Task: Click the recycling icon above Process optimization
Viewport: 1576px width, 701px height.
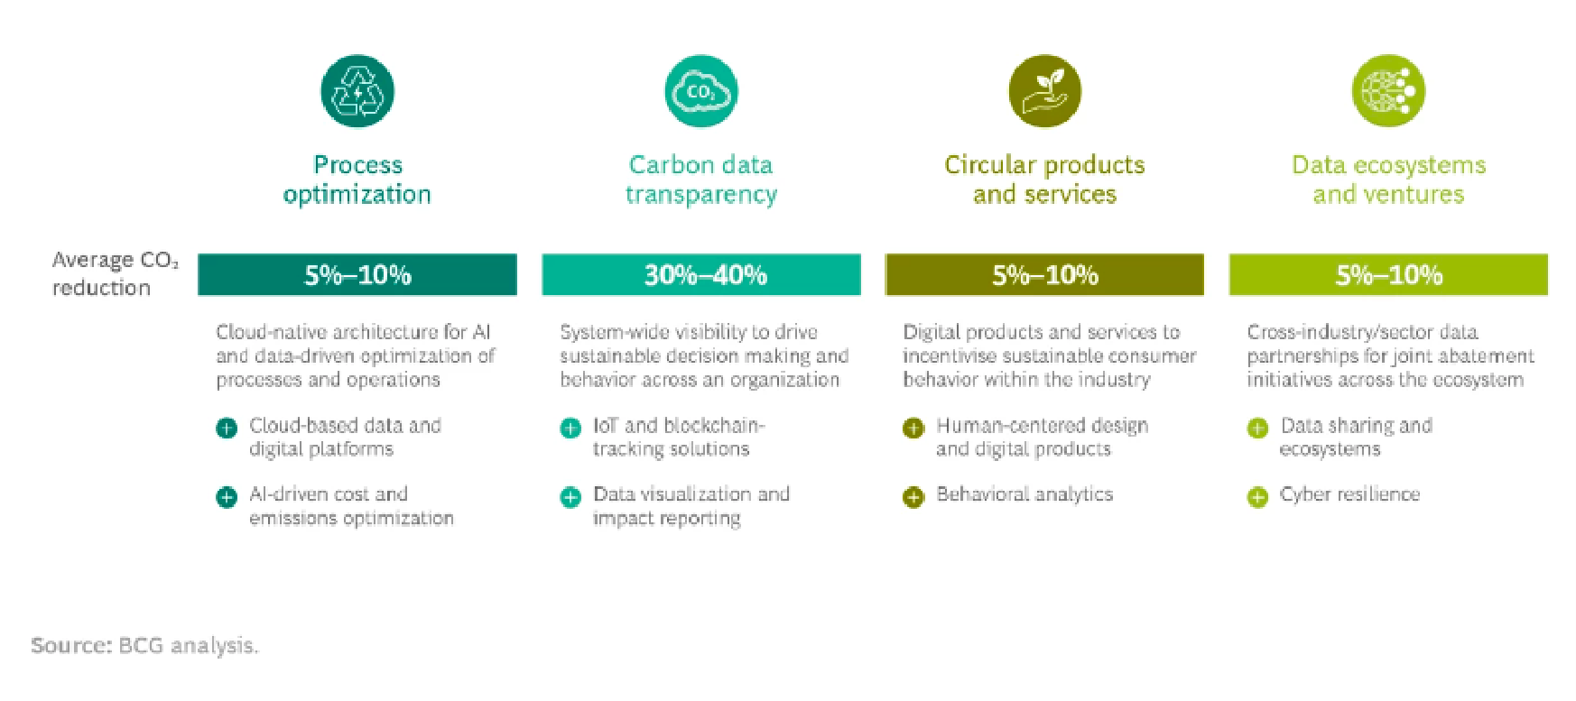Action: (x=357, y=91)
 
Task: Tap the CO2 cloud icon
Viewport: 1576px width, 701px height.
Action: (x=701, y=91)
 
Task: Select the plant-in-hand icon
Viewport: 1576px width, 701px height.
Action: (x=1045, y=91)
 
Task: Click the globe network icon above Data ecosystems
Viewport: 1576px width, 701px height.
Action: (x=1388, y=91)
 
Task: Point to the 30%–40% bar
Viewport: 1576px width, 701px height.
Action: (x=701, y=274)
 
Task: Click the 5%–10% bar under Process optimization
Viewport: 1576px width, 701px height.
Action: (x=357, y=274)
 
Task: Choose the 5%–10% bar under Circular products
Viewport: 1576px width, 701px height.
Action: (x=1044, y=274)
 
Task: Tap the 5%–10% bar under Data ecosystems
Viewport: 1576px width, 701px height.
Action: (x=1388, y=274)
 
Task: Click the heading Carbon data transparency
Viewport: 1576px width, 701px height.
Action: (x=701, y=180)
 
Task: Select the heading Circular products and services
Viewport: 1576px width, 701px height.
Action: (x=1044, y=180)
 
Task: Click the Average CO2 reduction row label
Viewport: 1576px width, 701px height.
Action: (x=115, y=273)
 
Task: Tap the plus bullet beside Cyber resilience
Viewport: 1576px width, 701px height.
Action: (x=1257, y=497)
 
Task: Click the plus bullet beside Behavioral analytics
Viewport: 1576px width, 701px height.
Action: (x=913, y=497)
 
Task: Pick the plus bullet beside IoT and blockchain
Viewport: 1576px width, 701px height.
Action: (x=570, y=428)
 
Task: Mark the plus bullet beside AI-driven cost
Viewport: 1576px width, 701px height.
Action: (x=227, y=497)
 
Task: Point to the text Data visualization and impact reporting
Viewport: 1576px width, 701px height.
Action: (x=691, y=506)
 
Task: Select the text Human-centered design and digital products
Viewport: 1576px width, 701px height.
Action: (x=1043, y=437)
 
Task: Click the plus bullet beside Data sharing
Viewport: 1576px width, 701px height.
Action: (x=1257, y=428)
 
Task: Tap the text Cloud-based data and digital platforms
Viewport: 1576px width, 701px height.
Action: (x=345, y=437)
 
